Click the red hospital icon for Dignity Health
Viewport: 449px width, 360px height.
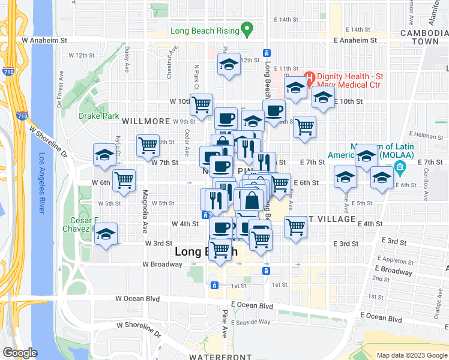309,77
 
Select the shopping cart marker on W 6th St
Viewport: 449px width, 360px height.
124,179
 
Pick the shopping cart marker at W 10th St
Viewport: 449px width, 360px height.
201,104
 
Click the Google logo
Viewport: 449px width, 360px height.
19,353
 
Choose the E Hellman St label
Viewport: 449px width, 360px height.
427,136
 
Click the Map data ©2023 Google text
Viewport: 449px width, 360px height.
411,355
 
